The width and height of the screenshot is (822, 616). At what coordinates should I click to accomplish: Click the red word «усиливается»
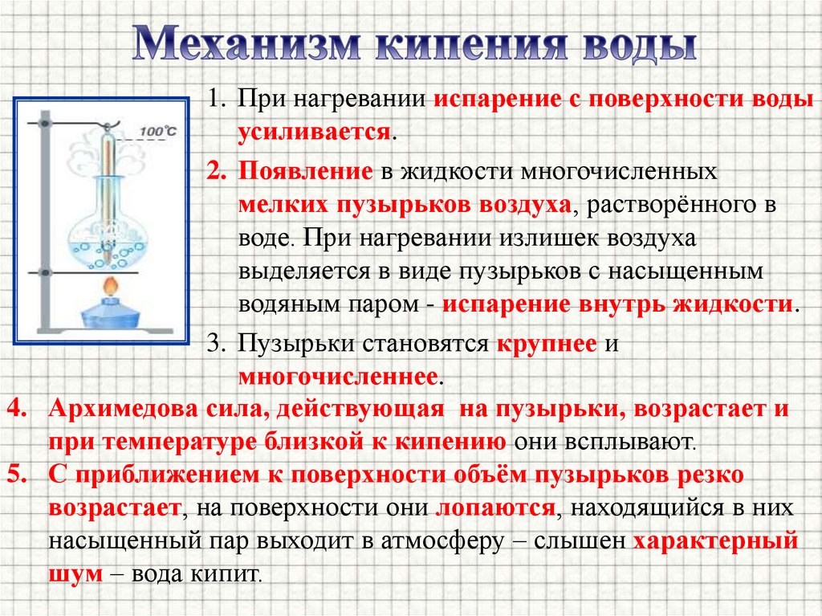pyautogui.click(x=314, y=133)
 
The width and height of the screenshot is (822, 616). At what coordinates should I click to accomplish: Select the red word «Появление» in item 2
pyautogui.click(x=304, y=172)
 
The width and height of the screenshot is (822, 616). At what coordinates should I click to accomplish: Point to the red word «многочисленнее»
pyautogui.click(x=337, y=375)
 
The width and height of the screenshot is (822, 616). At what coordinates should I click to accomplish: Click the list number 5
pyautogui.click(x=18, y=474)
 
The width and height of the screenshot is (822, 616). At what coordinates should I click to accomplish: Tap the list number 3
pyautogui.click(x=214, y=344)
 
